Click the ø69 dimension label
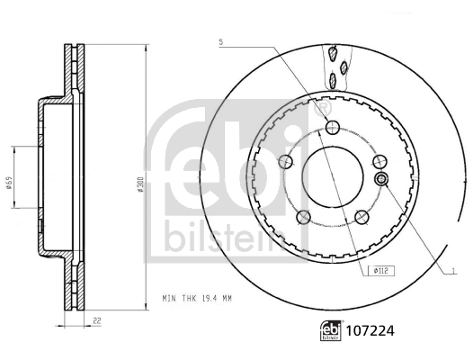[x=8, y=183]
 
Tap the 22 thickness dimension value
[x=94, y=319]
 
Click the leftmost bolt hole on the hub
[x=288, y=162]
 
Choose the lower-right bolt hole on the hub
[x=362, y=216]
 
